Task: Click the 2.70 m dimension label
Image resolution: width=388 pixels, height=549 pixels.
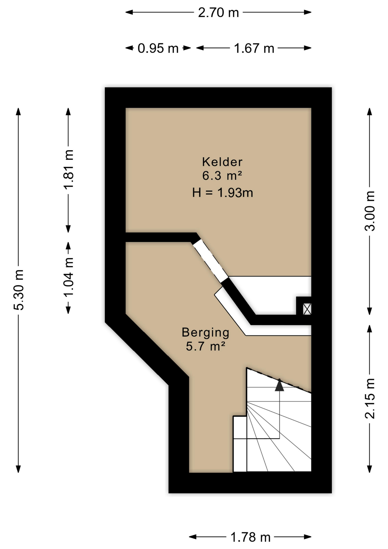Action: [218, 13]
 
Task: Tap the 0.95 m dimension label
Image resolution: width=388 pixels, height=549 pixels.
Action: [158, 48]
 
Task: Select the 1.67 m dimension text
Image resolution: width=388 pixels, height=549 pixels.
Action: [254, 48]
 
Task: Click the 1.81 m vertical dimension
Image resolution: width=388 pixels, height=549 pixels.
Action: [69, 169]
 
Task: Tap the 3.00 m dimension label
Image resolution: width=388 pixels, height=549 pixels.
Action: [370, 211]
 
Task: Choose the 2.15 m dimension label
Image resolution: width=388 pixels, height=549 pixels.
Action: [370, 398]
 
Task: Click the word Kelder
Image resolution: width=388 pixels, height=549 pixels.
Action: [222, 162]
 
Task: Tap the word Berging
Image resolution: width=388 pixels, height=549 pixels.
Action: [205, 332]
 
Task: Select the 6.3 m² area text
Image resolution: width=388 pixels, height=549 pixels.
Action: [222, 176]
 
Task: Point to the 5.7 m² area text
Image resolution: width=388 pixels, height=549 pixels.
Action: [205, 346]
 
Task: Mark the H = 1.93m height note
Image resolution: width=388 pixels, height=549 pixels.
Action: [222, 193]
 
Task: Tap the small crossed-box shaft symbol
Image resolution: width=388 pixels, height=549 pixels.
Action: [307, 309]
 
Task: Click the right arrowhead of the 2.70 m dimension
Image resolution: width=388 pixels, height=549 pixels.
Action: [308, 12]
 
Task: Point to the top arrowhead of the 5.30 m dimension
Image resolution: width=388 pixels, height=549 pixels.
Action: [18, 112]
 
